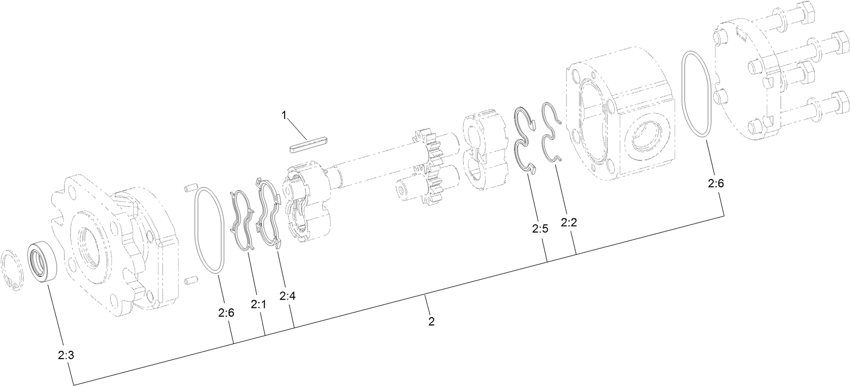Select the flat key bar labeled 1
309,143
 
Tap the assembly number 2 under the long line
431,321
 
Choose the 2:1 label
258,305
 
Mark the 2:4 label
288,296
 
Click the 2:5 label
539,229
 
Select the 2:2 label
569,222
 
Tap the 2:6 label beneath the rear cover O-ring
716,183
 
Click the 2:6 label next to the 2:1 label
226,313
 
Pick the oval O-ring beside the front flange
210,230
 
